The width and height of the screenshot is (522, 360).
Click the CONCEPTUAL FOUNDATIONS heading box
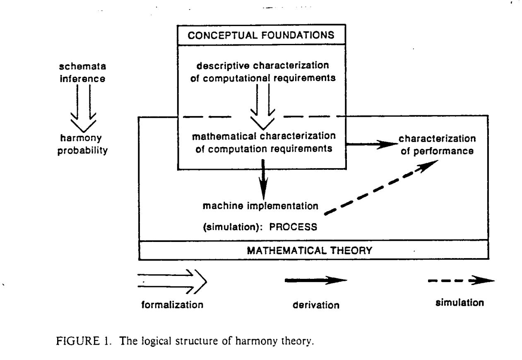click(261, 35)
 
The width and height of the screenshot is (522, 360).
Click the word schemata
click(82, 67)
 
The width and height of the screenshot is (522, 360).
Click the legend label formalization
click(173, 305)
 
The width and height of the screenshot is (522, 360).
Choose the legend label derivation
click(316, 305)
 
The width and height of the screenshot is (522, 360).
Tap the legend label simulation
click(459, 303)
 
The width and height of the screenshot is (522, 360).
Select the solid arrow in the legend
click(315, 280)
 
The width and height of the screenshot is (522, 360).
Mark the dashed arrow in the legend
click(461, 280)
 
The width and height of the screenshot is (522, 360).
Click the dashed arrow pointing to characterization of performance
click(381, 187)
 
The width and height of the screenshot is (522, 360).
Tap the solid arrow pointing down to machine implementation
click(263, 177)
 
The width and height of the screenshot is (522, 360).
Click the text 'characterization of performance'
click(437, 144)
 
